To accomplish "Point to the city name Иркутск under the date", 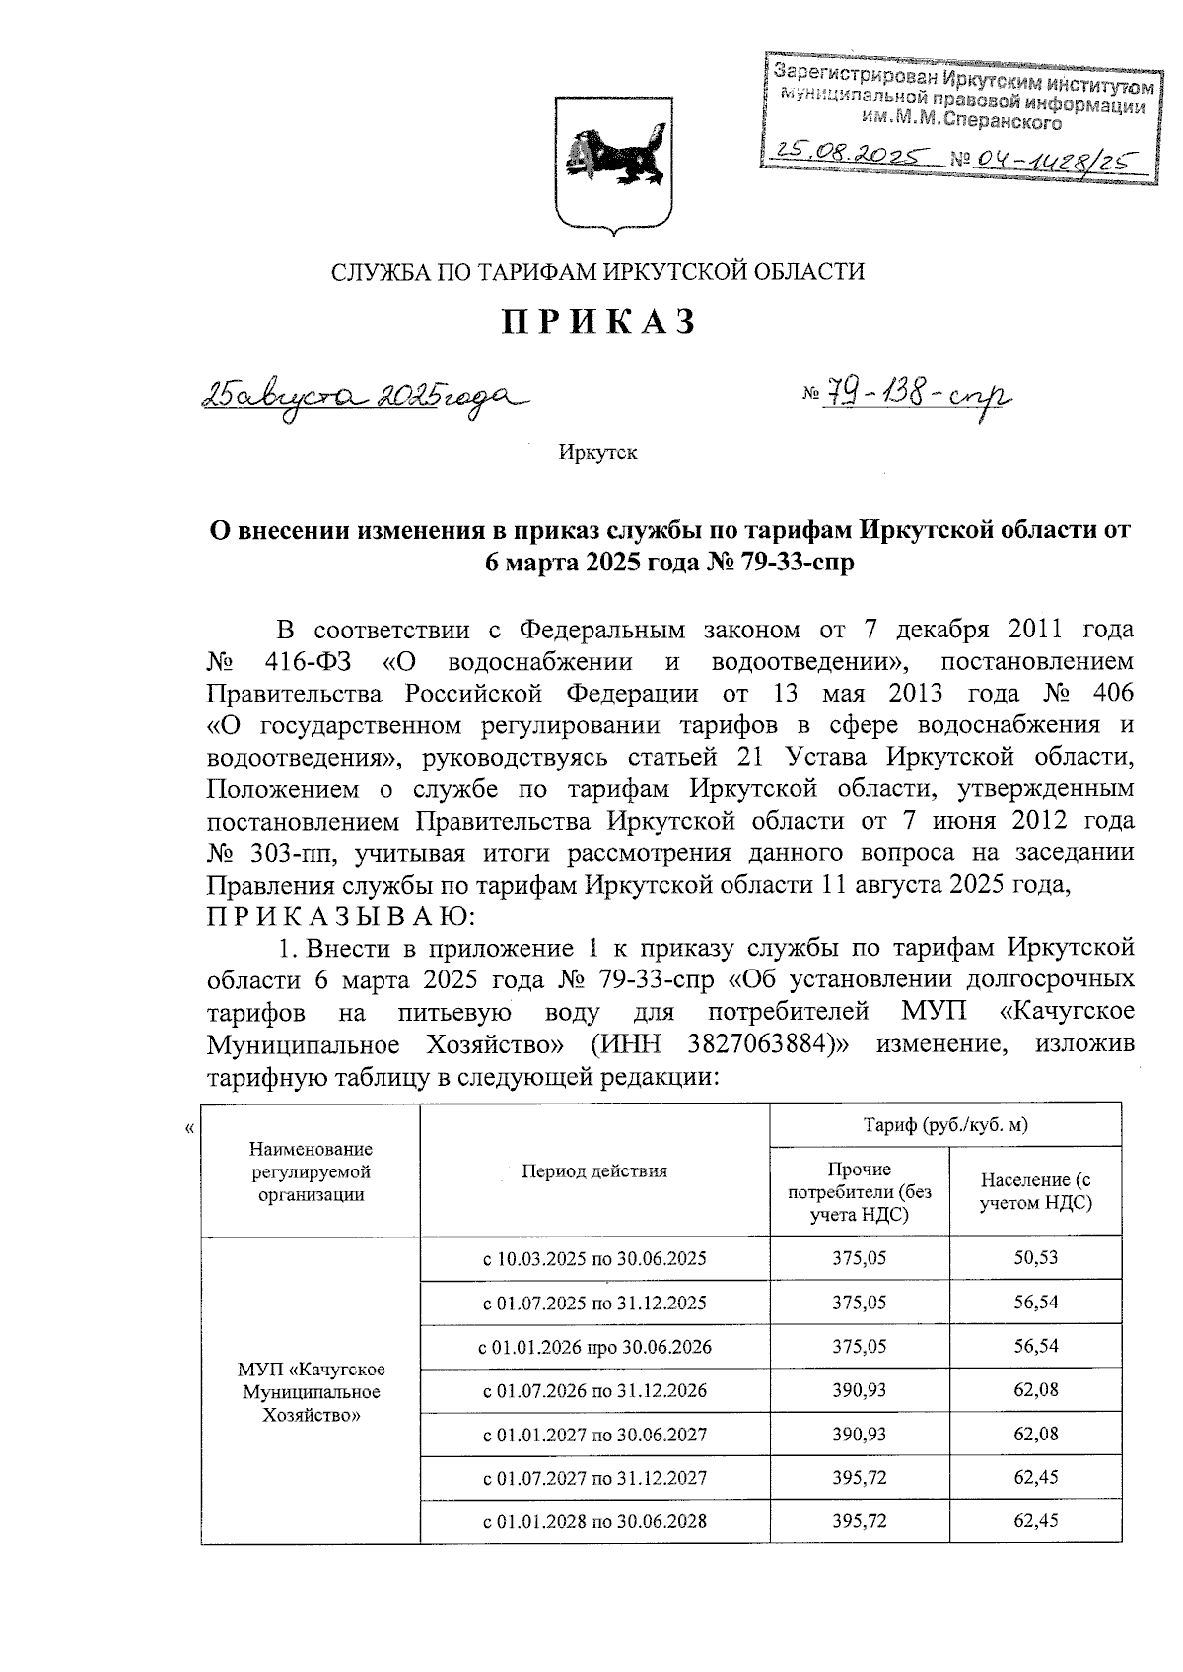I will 597,453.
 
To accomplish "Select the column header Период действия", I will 594,1171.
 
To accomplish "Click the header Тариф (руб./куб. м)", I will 945,1124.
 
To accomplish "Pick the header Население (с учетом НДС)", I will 1035,1191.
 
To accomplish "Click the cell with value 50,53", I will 1035,1258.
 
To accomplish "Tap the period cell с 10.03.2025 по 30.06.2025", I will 594,1259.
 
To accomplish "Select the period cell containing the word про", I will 594,1347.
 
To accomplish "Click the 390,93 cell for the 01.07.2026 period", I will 859,1390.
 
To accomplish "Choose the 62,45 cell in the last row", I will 1035,1521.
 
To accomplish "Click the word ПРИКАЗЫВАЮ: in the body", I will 341,917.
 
